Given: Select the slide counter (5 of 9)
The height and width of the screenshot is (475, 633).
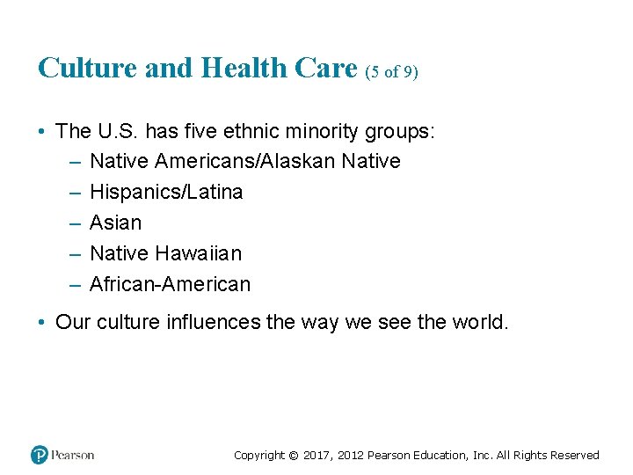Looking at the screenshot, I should [391, 71].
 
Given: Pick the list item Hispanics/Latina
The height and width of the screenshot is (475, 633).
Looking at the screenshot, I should [166, 192].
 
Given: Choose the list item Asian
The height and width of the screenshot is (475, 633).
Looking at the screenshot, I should [115, 223].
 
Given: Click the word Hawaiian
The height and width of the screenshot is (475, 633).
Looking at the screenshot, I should [198, 253].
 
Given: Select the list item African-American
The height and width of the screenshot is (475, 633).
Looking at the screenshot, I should [170, 284].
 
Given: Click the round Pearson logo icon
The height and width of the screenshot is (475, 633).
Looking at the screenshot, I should [40, 455].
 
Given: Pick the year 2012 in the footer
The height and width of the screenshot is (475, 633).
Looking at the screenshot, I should [351, 456].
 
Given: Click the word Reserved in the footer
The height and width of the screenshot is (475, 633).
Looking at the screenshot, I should [574, 456].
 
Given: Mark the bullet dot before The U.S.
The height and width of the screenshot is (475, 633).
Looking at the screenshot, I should [42, 132].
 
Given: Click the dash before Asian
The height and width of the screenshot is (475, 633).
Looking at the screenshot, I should [73, 223].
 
